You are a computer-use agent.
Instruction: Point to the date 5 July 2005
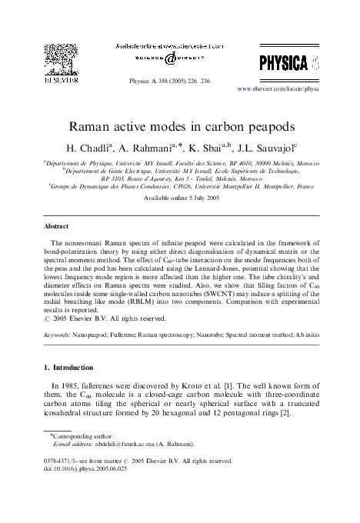point(195,198)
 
